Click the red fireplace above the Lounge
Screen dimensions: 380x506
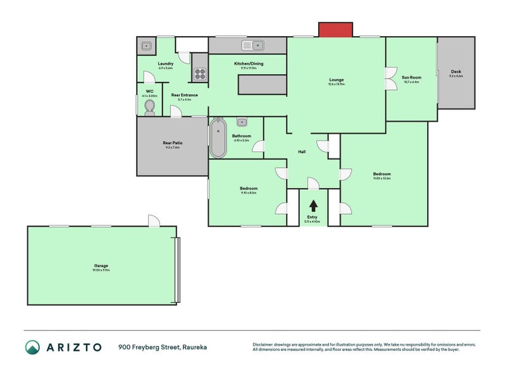point(335,29)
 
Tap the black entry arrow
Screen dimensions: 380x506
point(312,205)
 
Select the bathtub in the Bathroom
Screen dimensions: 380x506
point(218,137)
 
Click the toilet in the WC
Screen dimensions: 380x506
point(149,108)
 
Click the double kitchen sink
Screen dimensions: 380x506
point(252,45)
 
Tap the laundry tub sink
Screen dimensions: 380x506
point(147,46)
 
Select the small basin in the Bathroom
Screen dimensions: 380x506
point(242,122)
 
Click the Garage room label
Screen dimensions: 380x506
point(101,266)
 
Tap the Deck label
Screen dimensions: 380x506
point(456,72)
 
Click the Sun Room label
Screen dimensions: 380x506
point(411,78)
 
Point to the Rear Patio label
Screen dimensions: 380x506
point(173,143)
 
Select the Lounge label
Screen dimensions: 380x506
point(336,80)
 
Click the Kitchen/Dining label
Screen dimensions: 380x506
point(249,64)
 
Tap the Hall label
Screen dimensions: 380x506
point(302,151)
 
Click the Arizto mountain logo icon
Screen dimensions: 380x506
point(32,346)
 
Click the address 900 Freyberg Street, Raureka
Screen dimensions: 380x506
point(163,347)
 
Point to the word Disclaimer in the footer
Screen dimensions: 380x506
point(264,345)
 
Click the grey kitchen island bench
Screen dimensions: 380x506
point(261,84)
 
